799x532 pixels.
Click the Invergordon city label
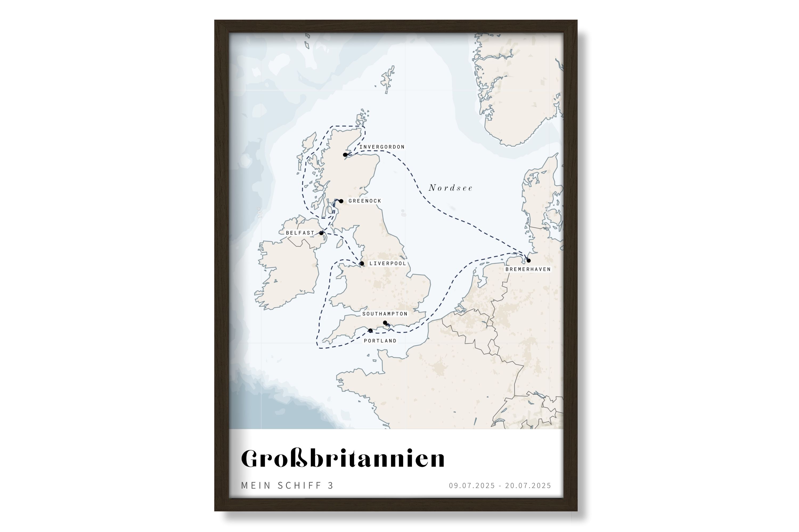pyautogui.click(x=382, y=147)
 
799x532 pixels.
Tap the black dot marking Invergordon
pyautogui.click(x=345, y=155)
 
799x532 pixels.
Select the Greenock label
pyautogui.click(x=365, y=201)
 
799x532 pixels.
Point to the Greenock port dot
pyautogui.click(x=341, y=201)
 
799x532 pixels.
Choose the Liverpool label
pyautogui.click(x=388, y=264)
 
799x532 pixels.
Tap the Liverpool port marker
pyautogui.click(x=362, y=264)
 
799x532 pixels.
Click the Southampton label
pyautogui.click(x=385, y=314)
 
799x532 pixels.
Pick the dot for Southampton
pyautogui.click(x=385, y=323)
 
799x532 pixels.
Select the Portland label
pyautogui.click(x=380, y=341)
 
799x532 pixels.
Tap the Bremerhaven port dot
pyautogui.click(x=529, y=261)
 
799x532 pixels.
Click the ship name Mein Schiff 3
pyautogui.click(x=287, y=485)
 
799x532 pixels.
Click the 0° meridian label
pyautogui.click(x=403, y=213)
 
